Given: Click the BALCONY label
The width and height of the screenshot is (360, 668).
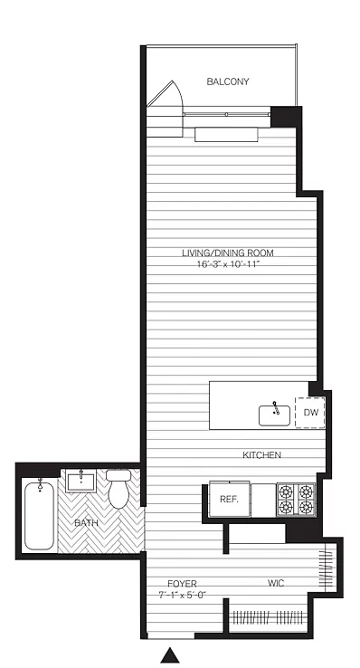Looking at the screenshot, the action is tap(228, 81).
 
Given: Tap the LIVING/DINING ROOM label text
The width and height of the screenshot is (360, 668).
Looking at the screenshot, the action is tap(228, 253).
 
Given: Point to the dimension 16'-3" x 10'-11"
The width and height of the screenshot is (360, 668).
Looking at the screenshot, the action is tap(228, 264).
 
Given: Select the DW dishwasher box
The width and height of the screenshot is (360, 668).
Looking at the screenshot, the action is tap(310, 413).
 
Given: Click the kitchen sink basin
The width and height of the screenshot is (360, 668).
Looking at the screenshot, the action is tap(274, 415).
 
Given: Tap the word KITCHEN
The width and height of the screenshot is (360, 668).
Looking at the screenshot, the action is tap(261, 455).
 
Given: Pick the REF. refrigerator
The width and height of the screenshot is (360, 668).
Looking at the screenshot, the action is tap(229, 500).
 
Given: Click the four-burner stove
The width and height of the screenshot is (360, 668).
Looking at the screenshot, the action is tap(296, 500).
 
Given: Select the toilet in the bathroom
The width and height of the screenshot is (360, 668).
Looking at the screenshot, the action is tap(118, 489).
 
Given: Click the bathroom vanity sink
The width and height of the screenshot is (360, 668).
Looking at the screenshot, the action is tap(81, 482).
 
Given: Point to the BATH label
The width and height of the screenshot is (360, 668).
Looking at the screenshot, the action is tap(87, 523).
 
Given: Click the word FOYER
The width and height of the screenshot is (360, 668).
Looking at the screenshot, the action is tap(182, 584).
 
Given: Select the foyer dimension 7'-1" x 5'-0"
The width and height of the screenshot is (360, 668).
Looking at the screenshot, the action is tap(183, 595).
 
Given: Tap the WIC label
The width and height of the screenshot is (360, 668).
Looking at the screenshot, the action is tap(276, 582).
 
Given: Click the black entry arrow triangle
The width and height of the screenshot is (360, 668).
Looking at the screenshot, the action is tap(170, 655).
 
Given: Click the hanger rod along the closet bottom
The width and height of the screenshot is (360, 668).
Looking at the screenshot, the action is tap(268, 616).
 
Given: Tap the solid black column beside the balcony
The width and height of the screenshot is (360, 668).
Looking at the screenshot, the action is tap(287, 117).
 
